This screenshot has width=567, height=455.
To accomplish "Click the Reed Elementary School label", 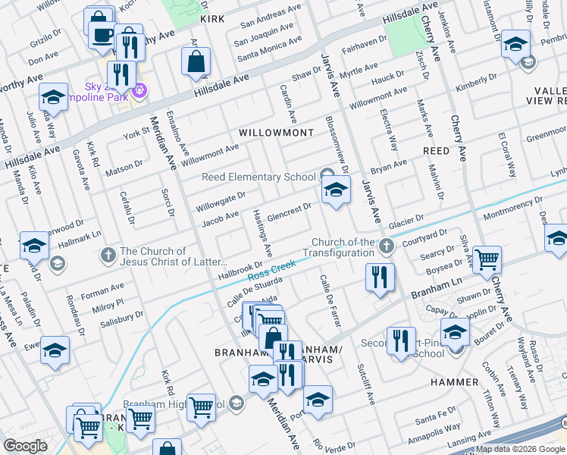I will point(258,177).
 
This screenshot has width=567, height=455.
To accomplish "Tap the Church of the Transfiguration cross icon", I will point(387,246).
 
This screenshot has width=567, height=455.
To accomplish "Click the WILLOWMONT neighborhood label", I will point(276,133).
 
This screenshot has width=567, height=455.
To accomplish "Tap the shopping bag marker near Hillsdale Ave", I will point(196,62).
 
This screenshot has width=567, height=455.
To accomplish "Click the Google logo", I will point(25,446).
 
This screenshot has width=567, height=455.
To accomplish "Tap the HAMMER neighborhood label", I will point(455,382).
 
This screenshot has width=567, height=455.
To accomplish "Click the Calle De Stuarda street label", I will point(254,293).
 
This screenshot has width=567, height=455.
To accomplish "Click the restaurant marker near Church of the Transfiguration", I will point(379,277).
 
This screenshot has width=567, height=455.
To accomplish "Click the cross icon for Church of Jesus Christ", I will point(109,252).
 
